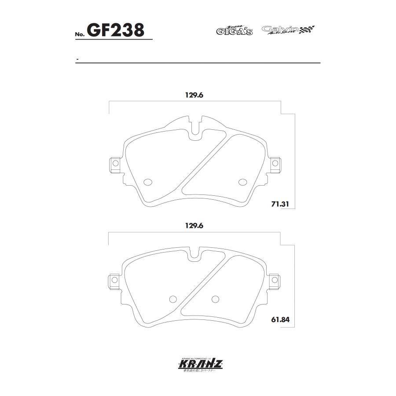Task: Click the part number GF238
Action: [116, 31]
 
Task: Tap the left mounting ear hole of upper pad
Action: [115, 163]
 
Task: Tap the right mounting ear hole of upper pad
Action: [275, 163]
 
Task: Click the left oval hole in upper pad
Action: [148, 182]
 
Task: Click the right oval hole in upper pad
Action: [242, 182]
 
